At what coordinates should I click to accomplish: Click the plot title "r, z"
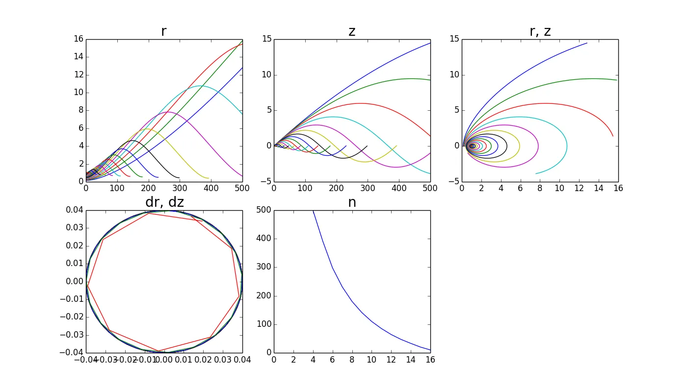click(540, 31)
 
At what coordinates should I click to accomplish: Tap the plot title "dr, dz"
click(164, 202)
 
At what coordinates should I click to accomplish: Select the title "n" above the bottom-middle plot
click(352, 202)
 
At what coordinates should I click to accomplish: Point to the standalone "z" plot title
click(352, 31)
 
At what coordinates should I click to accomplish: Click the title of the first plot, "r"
click(164, 31)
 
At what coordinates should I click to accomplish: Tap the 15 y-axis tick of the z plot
click(265, 39)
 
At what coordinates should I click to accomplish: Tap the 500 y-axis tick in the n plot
click(264, 210)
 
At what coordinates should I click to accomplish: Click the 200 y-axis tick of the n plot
click(264, 296)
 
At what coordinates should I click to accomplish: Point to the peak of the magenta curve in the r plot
click(167, 112)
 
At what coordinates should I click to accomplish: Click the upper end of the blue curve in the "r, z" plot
click(587, 43)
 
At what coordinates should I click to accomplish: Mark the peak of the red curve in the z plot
click(361, 103)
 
